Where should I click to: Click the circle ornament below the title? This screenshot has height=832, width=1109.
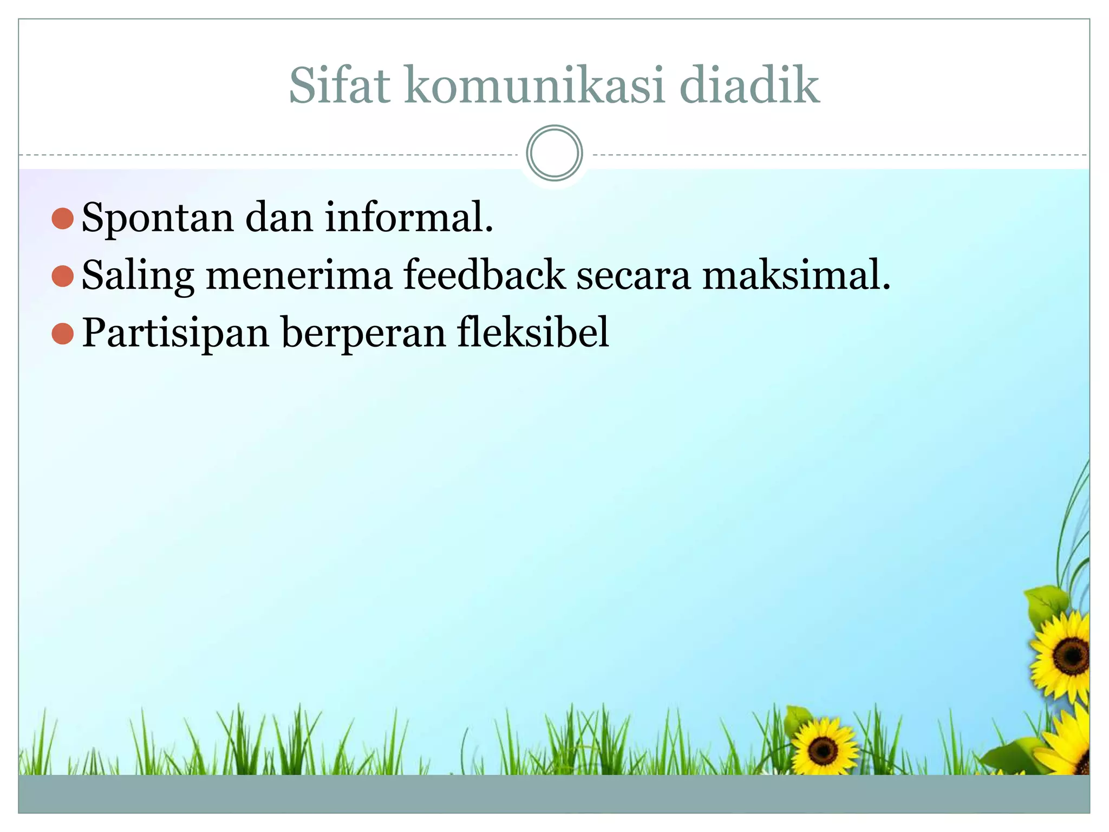[554, 153]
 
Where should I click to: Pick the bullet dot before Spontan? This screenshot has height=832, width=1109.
[63, 218]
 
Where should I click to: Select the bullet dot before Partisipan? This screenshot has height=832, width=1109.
[63, 334]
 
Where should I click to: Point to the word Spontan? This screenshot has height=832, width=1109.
[158, 218]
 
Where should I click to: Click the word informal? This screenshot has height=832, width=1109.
[409, 217]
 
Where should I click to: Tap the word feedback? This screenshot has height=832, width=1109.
[484, 275]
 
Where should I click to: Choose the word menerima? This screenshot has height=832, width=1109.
[299, 276]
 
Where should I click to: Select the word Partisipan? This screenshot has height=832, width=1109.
[175, 334]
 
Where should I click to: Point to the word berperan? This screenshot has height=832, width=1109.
[363, 334]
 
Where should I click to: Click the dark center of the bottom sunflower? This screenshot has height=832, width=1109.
[823, 750]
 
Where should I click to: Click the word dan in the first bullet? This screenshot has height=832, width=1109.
[279, 217]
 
